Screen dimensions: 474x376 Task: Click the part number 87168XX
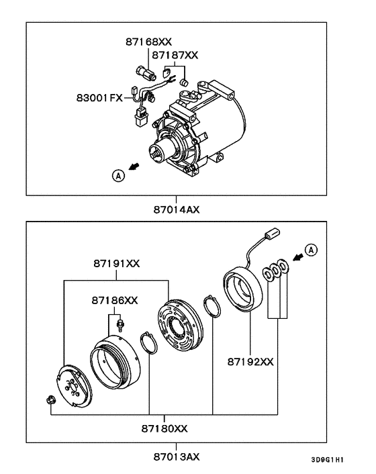[x=144, y=42]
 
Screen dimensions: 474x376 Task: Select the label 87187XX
[x=174, y=54]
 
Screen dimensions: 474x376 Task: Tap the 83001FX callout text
[x=99, y=98]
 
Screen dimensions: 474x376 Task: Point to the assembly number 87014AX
[x=176, y=209]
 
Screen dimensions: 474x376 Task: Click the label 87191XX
[x=115, y=264]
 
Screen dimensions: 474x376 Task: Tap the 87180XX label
[x=164, y=428]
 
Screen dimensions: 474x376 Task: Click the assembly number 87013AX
[x=176, y=457]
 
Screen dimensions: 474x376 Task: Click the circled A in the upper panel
[x=118, y=175]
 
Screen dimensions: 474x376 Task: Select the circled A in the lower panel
[x=310, y=251]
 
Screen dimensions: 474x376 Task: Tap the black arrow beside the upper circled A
[x=136, y=165]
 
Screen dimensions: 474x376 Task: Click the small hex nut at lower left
[x=51, y=401]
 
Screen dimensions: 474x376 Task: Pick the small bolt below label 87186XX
[x=118, y=325]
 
